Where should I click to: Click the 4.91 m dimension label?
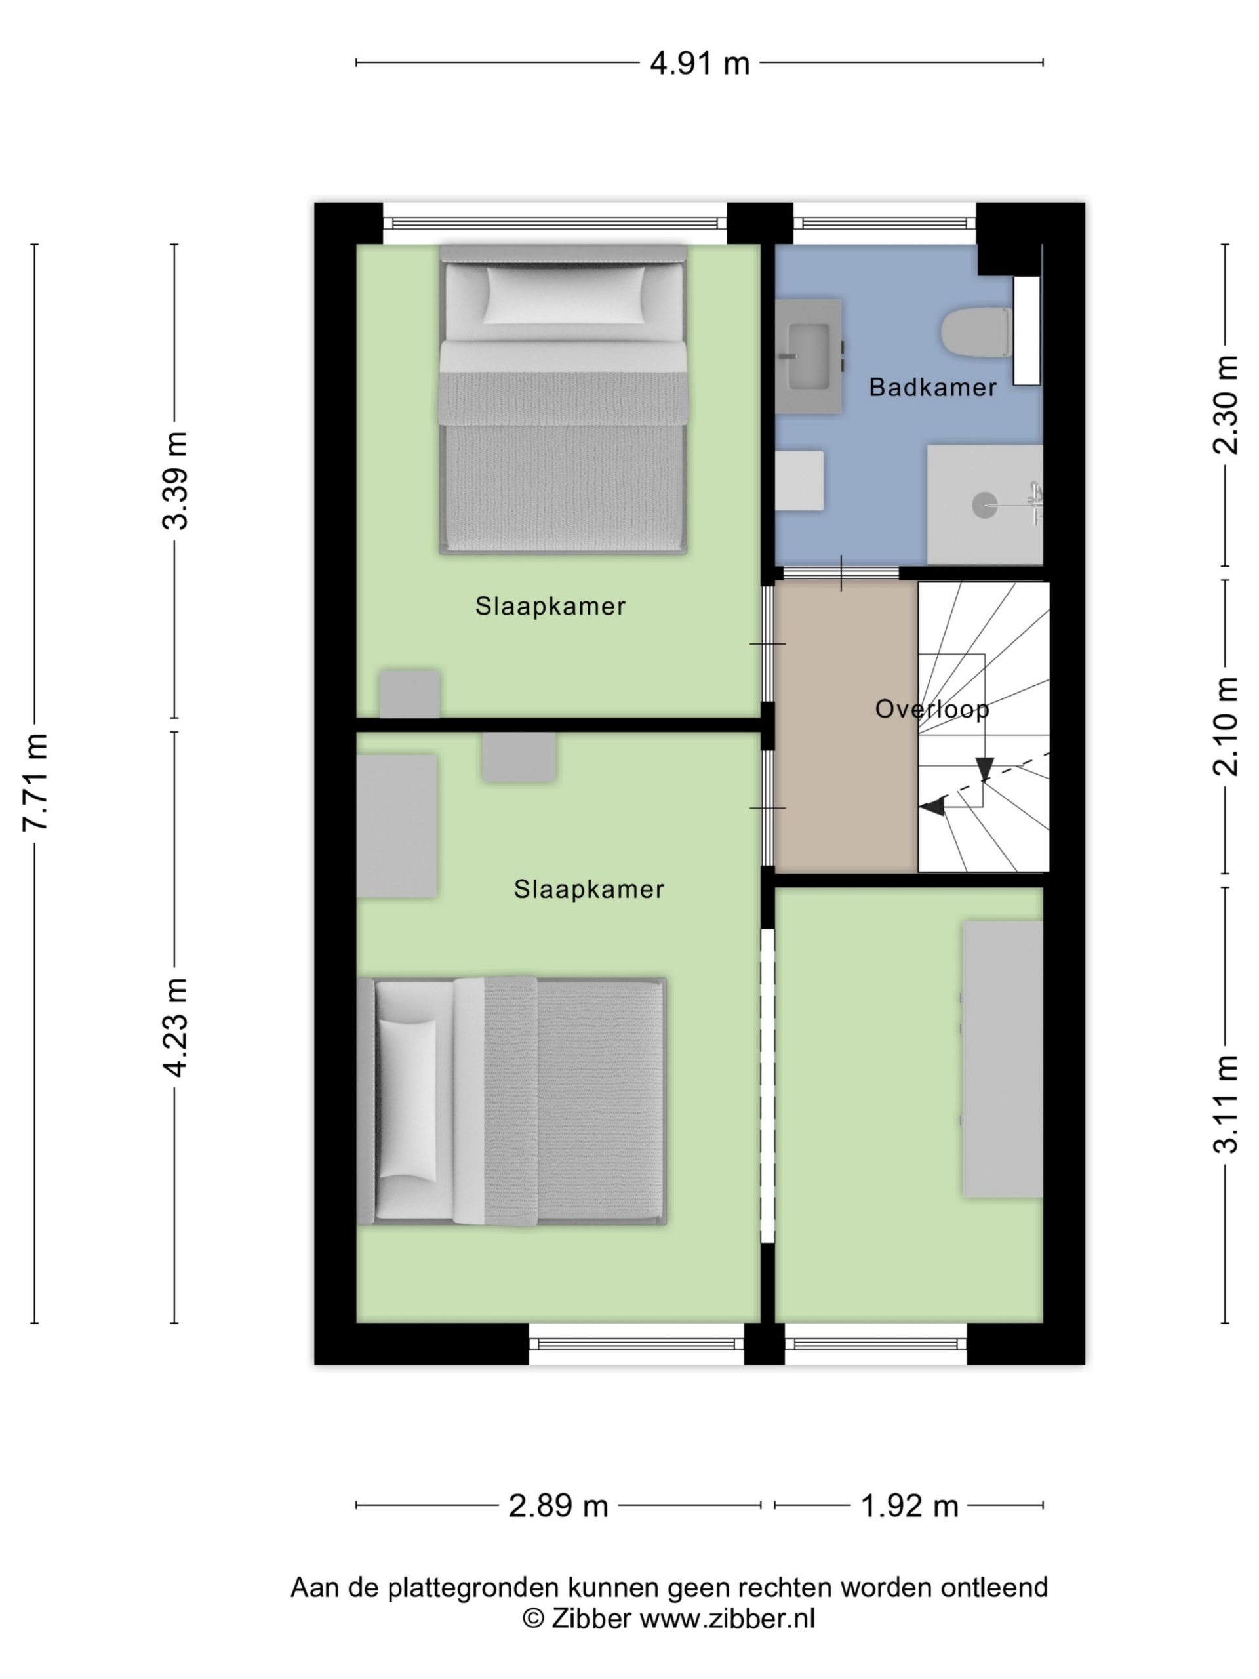tap(699, 63)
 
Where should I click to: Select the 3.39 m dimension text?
tap(175, 479)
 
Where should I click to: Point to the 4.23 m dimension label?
tap(175, 1027)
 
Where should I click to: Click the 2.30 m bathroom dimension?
tap(1225, 405)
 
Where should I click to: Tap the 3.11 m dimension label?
tap(1225, 1104)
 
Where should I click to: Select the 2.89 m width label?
tap(558, 1506)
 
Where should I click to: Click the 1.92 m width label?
tap(909, 1506)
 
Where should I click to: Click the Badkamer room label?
tap(932, 387)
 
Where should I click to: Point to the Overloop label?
tap(932, 709)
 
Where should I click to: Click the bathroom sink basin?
tap(809, 355)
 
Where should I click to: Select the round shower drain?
tap(984, 505)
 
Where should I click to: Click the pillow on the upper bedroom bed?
tap(565, 294)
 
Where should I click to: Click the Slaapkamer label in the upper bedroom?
tap(550, 606)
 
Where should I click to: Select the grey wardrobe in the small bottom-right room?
tap(1003, 1059)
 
